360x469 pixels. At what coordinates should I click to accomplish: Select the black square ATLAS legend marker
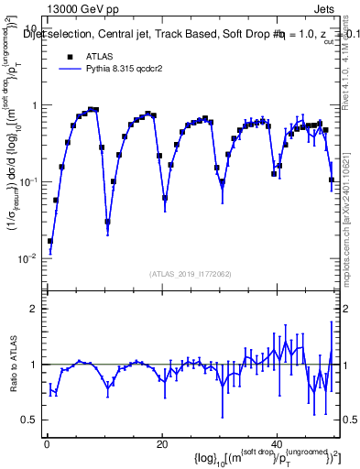tap(70, 56)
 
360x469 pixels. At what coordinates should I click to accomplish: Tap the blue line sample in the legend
tap(70, 69)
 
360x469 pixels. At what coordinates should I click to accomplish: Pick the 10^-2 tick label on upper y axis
tap(27, 258)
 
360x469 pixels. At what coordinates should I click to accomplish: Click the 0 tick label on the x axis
tap(46, 443)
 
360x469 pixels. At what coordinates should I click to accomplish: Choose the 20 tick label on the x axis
tap(162, 443)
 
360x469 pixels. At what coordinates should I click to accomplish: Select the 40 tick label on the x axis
tap(278, 443)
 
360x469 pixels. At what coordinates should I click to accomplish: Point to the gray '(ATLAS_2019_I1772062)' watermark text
tap(191, 273)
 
